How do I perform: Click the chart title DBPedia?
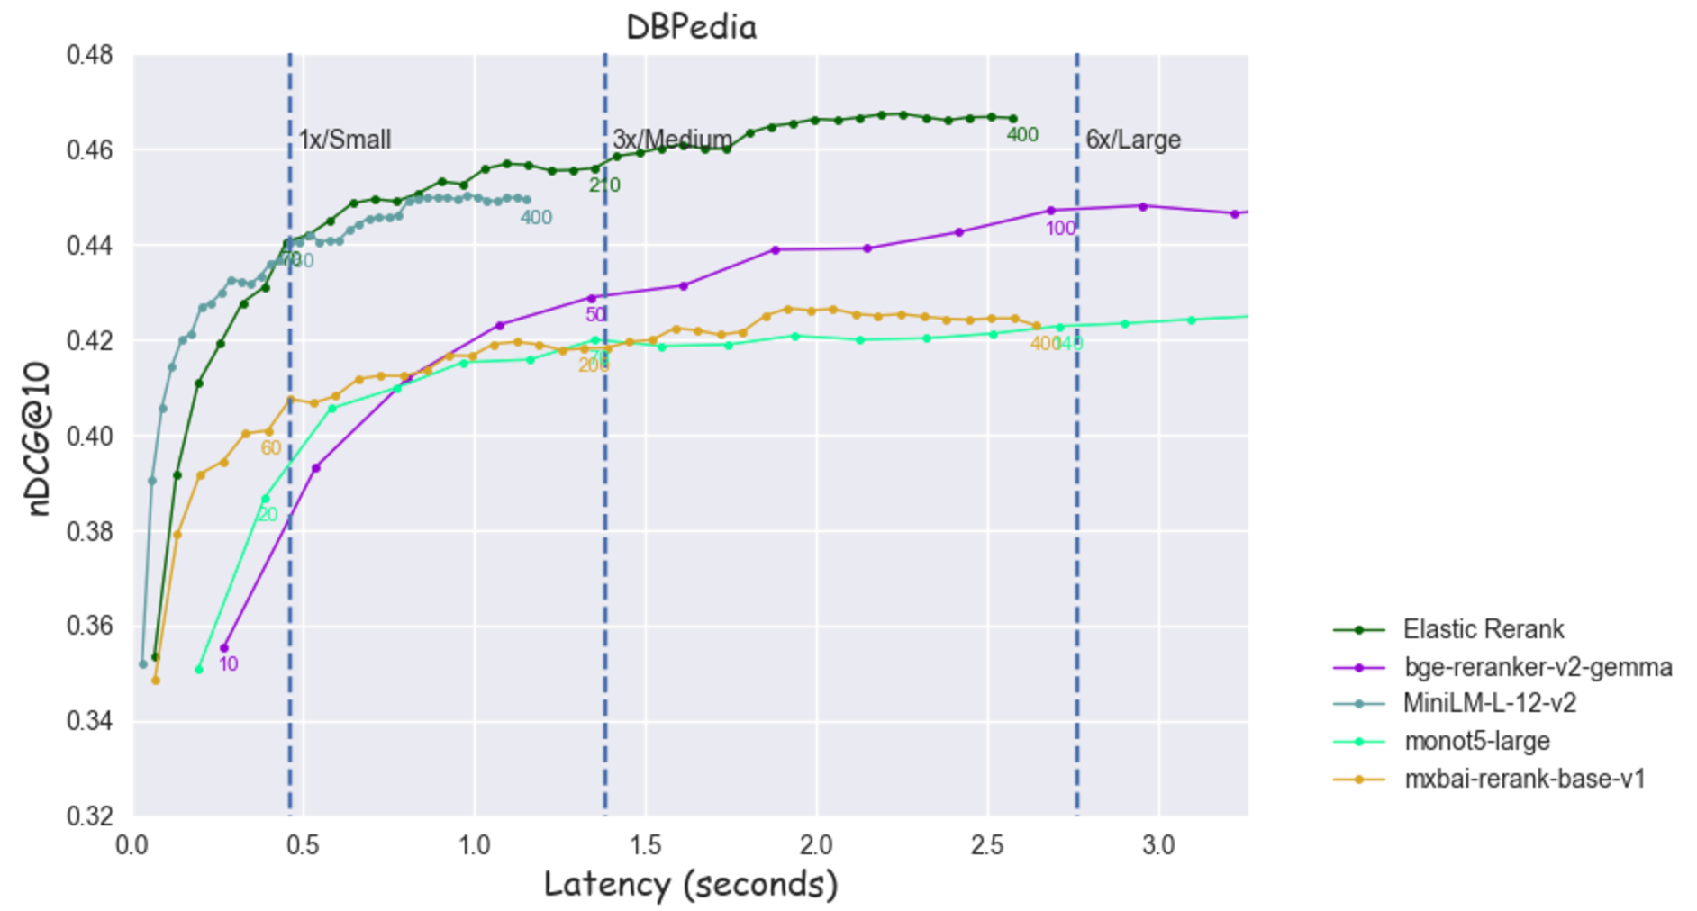point(691,27)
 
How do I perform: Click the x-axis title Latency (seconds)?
point(691,884)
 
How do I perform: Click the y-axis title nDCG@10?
point(38,438)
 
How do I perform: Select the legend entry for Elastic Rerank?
point(1483,629)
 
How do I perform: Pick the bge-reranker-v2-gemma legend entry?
point(1538,667)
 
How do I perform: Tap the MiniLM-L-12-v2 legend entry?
point(1490,703)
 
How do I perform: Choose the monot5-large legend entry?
point(1476,741)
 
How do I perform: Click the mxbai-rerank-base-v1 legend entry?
point(1524,779)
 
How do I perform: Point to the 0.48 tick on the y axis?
point(90,55)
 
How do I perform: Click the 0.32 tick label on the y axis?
point(90,816)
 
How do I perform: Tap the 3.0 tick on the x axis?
point(1158,846)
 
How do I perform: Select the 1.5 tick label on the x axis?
point(646,846)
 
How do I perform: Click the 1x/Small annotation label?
point(345,140)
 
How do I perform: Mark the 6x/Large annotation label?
point(1132,140)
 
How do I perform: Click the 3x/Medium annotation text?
point(672,140)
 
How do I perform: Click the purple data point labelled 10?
point(224,648)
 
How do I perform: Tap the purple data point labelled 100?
point(1050,211)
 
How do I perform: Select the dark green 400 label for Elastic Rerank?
point(1022,135)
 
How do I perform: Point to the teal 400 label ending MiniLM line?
point(536,218)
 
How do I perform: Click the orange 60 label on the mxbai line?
point(270,448)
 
